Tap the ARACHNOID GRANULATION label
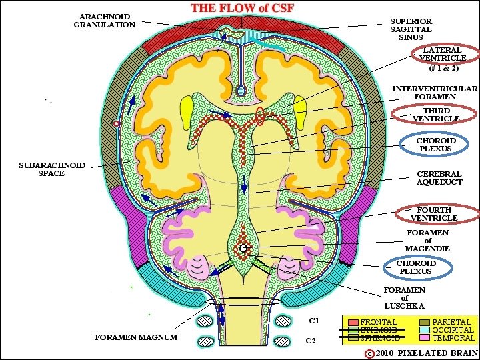click(x=104, y=20)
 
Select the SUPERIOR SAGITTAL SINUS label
click(x=411, y=29)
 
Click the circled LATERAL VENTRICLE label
click(x=443, y=59)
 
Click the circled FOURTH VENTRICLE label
click(x=434, y=214)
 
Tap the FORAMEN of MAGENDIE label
click(x=427, y=241)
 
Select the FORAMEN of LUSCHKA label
click(x=405, y=298)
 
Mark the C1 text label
click(x=313, y=321)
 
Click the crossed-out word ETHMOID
click(x=379, y=330)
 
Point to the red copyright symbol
click(x=369, y=352)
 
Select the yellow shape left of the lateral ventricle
click(x=187, y=109)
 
